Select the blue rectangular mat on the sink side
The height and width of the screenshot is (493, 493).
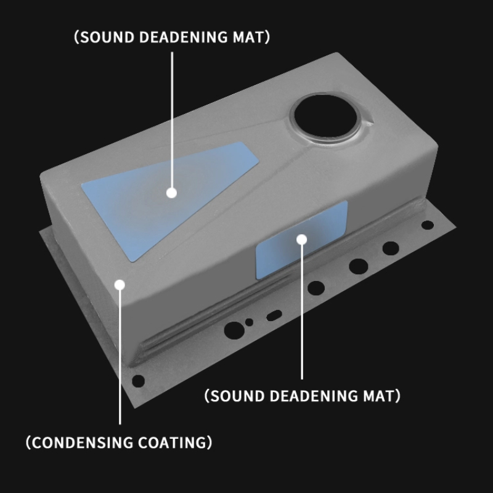pyautogui.click(x=302, y=240)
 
